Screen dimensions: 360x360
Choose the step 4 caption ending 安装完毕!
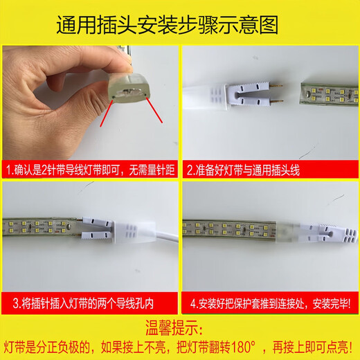(270, 302)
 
